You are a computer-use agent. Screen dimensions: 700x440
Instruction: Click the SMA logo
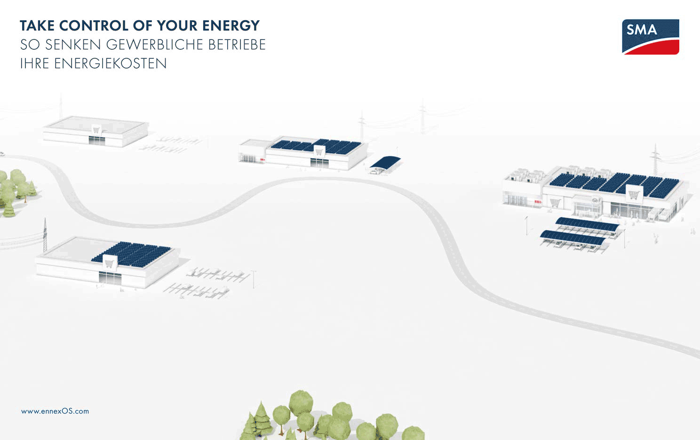(x=651, y=37)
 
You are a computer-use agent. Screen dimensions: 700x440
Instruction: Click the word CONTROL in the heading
(x=94, y=25)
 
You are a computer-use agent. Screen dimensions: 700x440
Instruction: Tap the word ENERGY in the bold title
(x=231, y=25)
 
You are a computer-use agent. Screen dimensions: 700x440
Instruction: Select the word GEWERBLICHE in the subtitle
(x=155, y=45)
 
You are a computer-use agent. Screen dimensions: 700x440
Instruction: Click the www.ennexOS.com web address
(x=55, y=411)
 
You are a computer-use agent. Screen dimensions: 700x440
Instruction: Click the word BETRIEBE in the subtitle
(x=237, y=45)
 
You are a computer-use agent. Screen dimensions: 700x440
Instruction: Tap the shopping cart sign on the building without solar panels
(x=96, y=130)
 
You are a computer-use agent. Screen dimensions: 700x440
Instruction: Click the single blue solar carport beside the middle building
(x=385, y=163)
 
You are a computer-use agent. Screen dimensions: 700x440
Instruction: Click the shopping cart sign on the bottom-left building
(x=109, y=263)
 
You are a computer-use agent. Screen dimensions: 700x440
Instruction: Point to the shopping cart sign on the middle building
(x=319, y=152)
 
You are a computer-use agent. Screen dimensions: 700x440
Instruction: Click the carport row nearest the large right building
(x=587, y=225)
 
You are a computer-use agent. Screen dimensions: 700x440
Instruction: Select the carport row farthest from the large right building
(x=573, y=238)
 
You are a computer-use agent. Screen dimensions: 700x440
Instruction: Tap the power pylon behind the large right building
(x=655, y=159)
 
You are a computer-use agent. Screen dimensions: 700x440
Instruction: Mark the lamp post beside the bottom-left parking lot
(x=254, y=279)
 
